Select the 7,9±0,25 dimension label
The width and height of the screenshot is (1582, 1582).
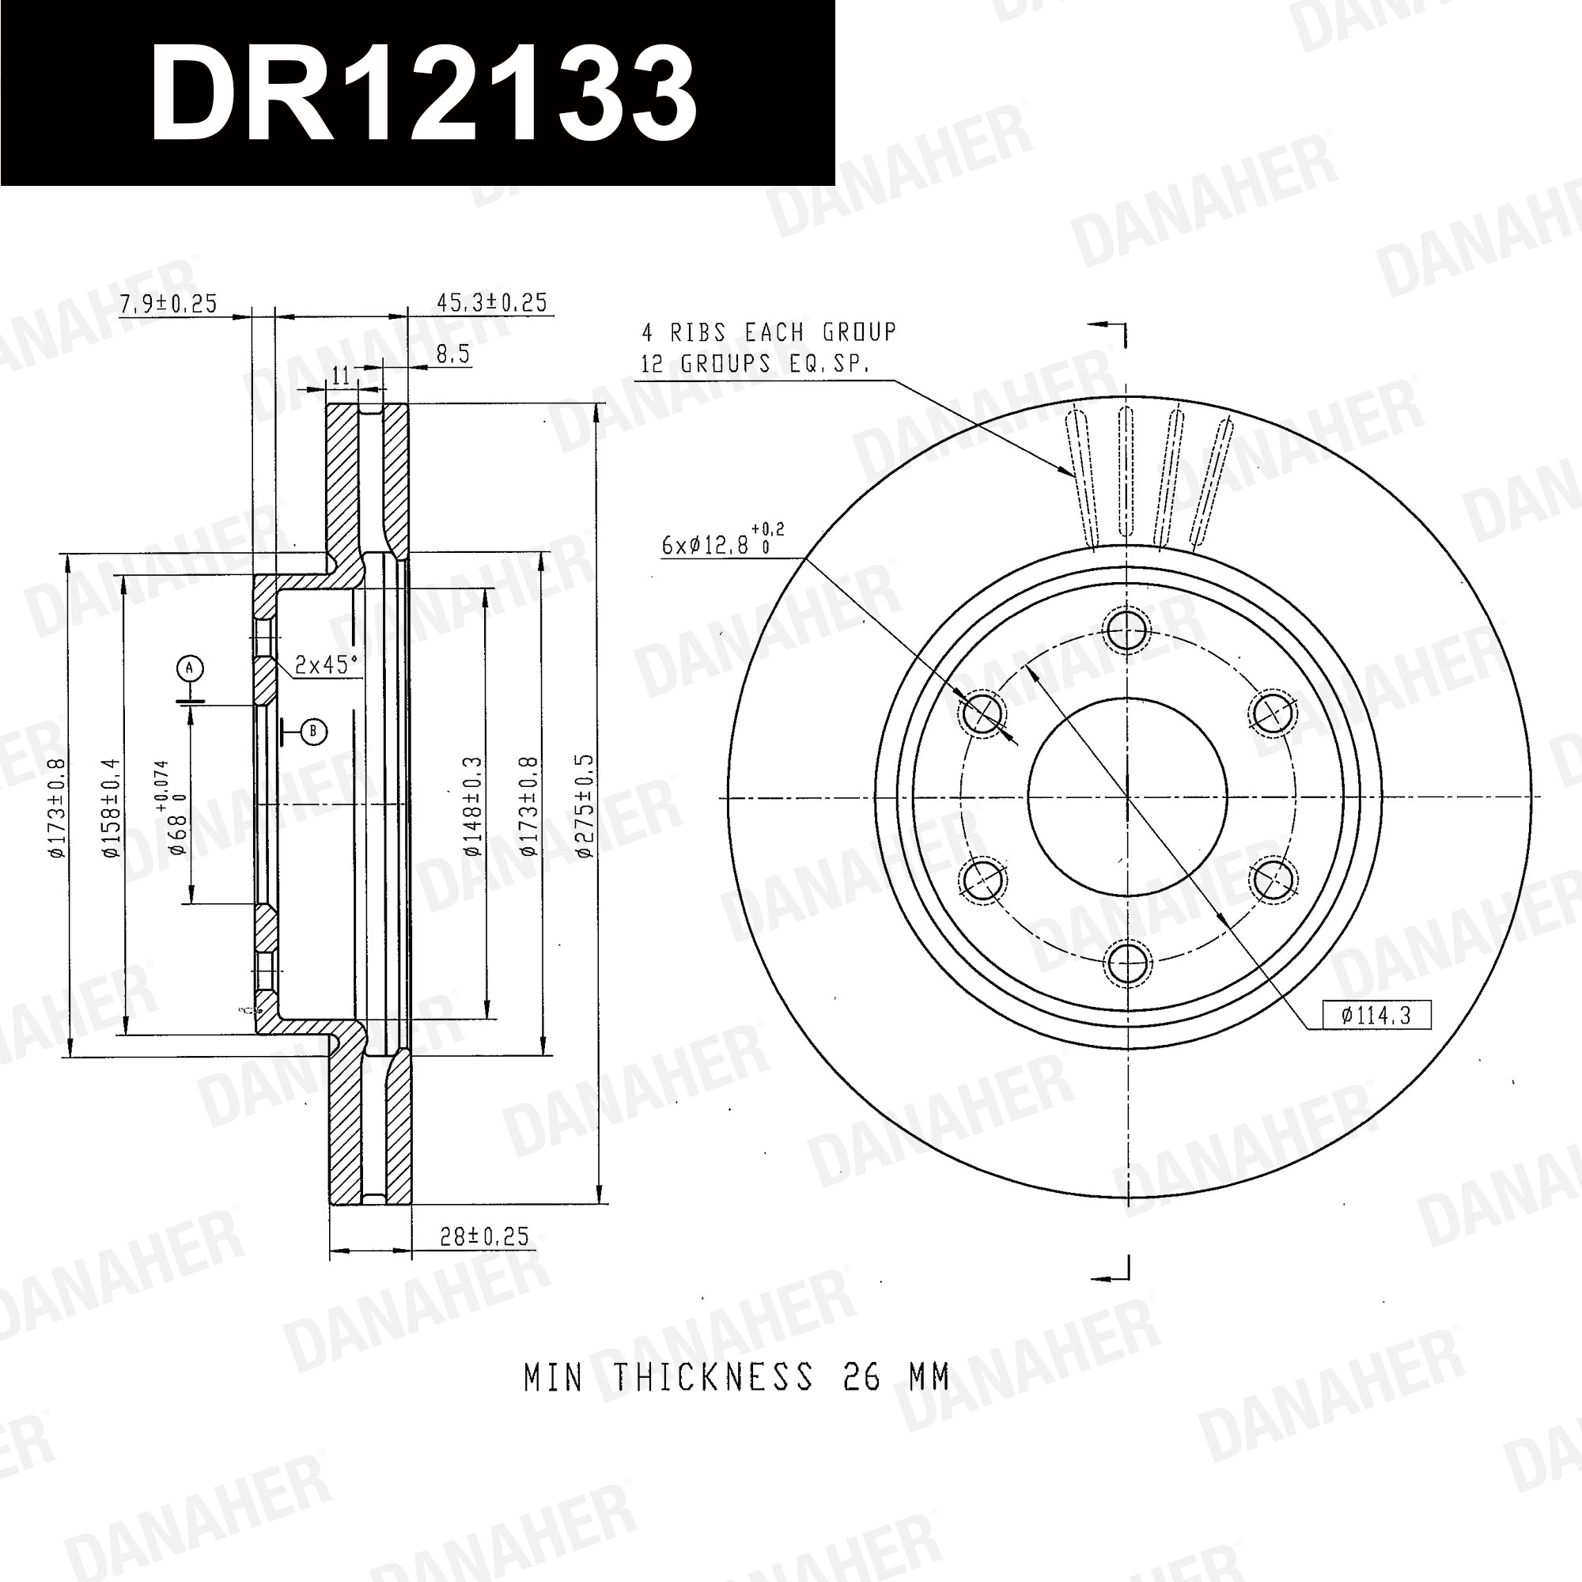(x=168, y=304)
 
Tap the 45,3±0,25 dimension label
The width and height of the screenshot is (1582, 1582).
(x=491, y=302)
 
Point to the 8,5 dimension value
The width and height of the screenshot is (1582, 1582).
(x=452, y=354)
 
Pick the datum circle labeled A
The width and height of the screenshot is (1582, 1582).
(x=189, y=668)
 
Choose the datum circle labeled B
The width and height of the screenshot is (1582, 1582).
(x=313, y=731)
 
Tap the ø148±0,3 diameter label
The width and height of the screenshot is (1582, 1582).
(x=473, y=807)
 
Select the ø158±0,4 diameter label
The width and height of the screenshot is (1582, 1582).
(x=112, y=808)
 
